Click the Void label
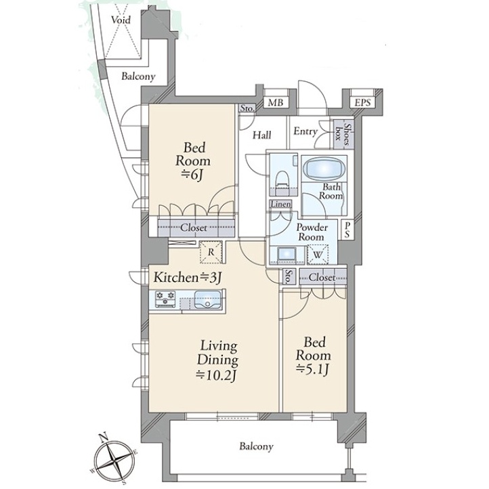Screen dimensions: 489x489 point(121,20)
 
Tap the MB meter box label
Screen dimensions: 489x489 point(276,102)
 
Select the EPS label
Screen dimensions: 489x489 point(362,102)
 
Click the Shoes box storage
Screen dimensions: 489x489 point(342,134)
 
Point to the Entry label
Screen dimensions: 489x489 point(305,131)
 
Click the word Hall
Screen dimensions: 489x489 point(261,135)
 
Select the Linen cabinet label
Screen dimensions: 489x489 point(280,205)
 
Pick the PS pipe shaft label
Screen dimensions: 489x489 point(347,230)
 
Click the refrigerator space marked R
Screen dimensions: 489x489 point(211,252)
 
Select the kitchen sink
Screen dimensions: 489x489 point(207,300)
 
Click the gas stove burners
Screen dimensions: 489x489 point(166,299)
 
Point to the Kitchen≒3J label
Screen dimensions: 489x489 point(188,277)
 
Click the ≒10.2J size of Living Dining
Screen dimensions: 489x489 point(217,375)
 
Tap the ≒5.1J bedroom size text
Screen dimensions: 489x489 point(313,370)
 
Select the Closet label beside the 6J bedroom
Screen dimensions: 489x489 point(193,228)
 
